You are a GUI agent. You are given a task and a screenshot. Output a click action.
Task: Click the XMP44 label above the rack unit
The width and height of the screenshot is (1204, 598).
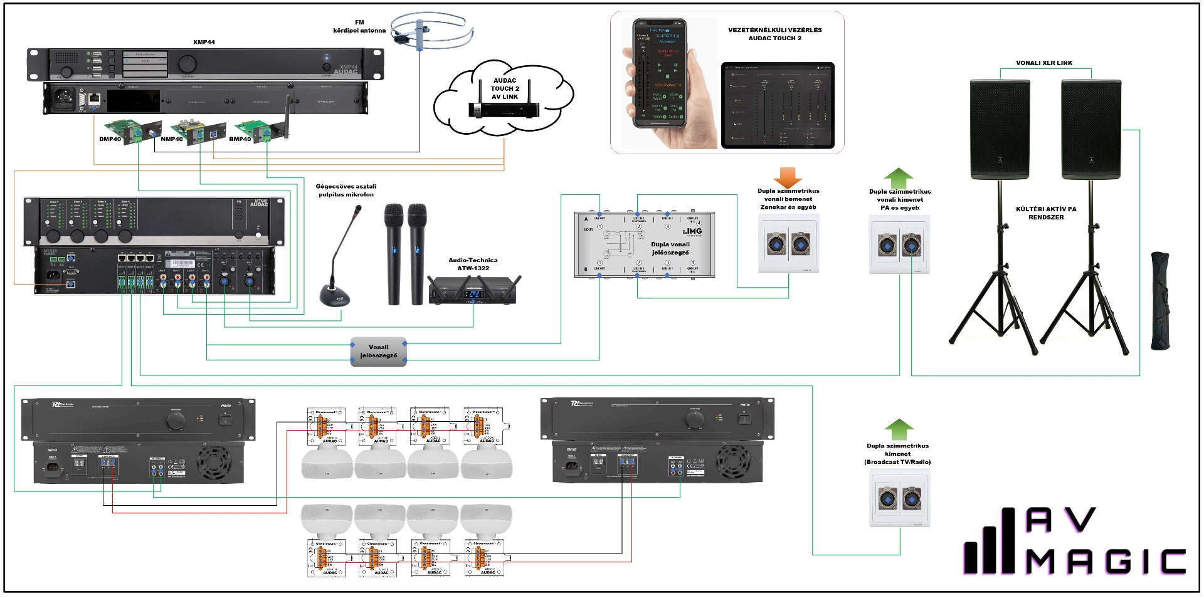[x=204, y=42]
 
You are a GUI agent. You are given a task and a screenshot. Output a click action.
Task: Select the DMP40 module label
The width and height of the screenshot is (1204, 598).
[x=110, y=139]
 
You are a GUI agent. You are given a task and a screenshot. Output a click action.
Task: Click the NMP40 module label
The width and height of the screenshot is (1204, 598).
[x=172, y=139]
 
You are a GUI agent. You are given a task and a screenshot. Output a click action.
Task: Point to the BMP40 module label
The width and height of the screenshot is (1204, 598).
[x=240, y=139]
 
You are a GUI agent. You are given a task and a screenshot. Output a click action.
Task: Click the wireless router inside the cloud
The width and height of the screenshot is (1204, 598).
[x=504, y=109]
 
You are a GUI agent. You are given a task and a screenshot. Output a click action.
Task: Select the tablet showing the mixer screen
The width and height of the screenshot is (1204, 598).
[x=778, y=105]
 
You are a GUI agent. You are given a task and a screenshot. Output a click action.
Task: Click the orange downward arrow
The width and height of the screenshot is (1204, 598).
[x=788, y=177]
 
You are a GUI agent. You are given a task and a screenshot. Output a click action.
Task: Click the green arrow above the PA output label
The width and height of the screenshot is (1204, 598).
[x=899, y=177]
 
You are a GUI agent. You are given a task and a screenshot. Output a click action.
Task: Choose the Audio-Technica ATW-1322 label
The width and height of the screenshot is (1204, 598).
[x=473, y=264]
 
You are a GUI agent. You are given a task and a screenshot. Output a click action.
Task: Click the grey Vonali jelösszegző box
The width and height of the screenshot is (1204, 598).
[x=379, y=351]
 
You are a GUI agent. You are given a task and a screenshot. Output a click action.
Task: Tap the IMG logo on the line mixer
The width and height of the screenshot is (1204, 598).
[x=692, y=231]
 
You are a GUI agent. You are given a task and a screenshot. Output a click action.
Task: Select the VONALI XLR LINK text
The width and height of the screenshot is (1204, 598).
[x=1044, y=63]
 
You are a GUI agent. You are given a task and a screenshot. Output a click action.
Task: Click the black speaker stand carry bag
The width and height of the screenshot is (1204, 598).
[x=1160, y=301]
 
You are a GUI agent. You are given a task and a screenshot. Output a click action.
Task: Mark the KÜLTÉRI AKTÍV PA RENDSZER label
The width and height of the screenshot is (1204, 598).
[x=1046, y=213]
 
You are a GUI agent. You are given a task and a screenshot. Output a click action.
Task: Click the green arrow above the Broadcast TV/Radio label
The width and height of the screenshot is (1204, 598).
[x=899, y=429]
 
